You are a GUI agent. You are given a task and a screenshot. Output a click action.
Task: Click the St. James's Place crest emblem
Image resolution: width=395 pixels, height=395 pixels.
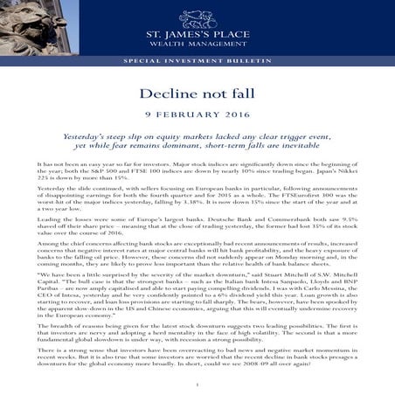pyautogui.click(x=197, y=17)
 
